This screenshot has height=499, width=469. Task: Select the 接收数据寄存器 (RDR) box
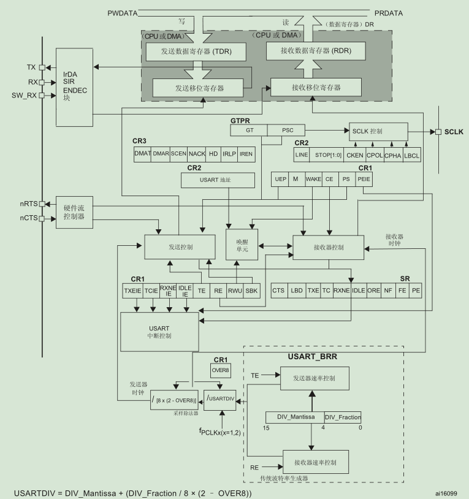pyautogui.click(x=316, y=50)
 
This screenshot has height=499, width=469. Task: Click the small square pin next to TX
pyautogui.click(x=42, y=67)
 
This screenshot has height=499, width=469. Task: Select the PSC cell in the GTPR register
pyautogui.click(x=288, y=131)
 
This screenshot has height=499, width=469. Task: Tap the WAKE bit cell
pyautogui.click(x=313, y=179)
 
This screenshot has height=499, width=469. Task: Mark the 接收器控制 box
pyautogui.click(x=328, y=247)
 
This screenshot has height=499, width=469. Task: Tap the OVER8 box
pyautogui.click(x=221, y=370)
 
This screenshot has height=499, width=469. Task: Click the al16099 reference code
pyautogui.click(x=446, y=492)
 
